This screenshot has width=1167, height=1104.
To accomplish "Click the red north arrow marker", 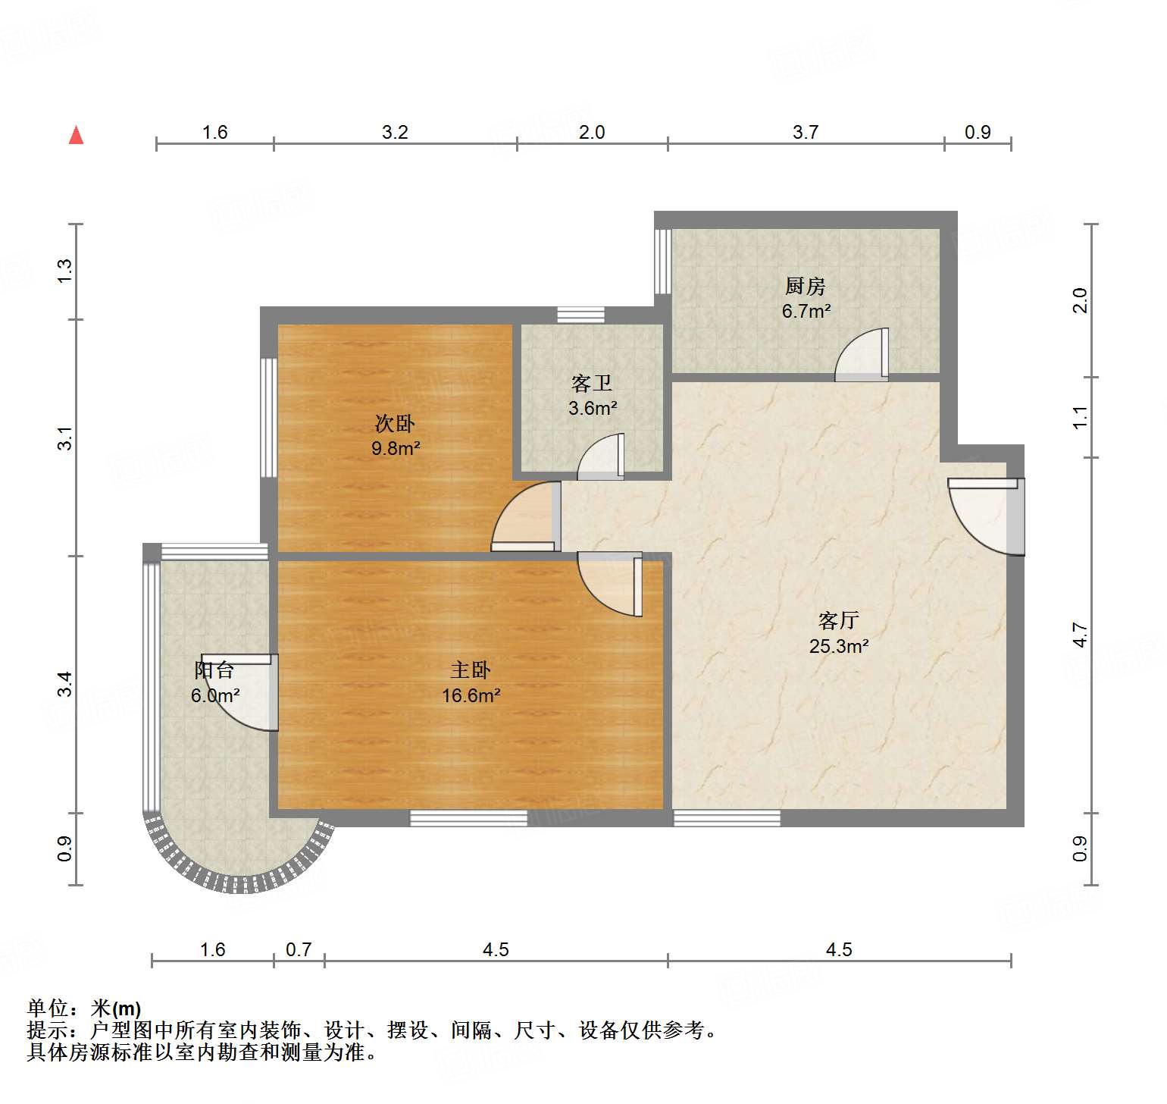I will (x=76, y=135).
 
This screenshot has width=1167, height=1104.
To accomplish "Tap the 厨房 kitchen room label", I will (x=805, y=286).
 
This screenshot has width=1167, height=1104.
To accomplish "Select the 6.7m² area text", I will (x=806, y=311).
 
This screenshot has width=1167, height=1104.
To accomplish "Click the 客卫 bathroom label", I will (x=592, y=383).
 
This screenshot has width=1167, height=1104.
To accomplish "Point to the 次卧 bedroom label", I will (x=395, y=423).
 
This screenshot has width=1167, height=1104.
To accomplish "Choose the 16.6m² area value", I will (x=471, y=695).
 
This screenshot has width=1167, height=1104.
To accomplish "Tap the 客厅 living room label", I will (x=838, y=620).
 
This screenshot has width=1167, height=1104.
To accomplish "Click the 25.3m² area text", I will (x=838, y=646).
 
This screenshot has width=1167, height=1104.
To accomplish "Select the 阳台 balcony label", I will (x=214, y=670).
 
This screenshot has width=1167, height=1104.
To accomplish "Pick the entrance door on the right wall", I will (x=985, y=516).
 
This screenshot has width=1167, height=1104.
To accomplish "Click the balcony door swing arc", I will (x=242, y=694).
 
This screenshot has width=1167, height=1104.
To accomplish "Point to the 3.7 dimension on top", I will (x=806, y=133).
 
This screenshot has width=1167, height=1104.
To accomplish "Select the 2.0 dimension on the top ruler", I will (x=592, y=133).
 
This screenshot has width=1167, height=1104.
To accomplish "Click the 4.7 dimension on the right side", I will (x=1080, y=635).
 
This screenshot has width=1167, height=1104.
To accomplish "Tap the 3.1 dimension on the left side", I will (x=65, y=438).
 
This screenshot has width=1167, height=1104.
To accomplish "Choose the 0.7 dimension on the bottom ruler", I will (x=299, y=949).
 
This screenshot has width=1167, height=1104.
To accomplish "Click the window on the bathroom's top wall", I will (x=580, y=315).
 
